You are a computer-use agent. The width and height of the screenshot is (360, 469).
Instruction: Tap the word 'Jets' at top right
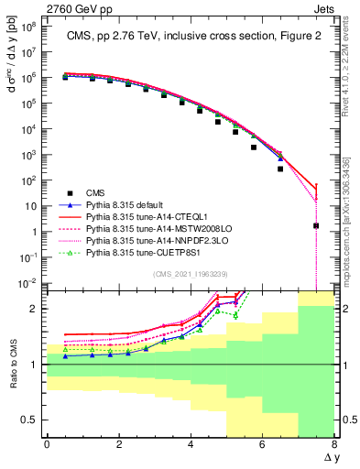pyautogui.click(x=325, y=7)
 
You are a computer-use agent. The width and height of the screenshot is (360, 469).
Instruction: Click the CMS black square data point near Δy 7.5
pyautogui.click(x=316, y=225)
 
